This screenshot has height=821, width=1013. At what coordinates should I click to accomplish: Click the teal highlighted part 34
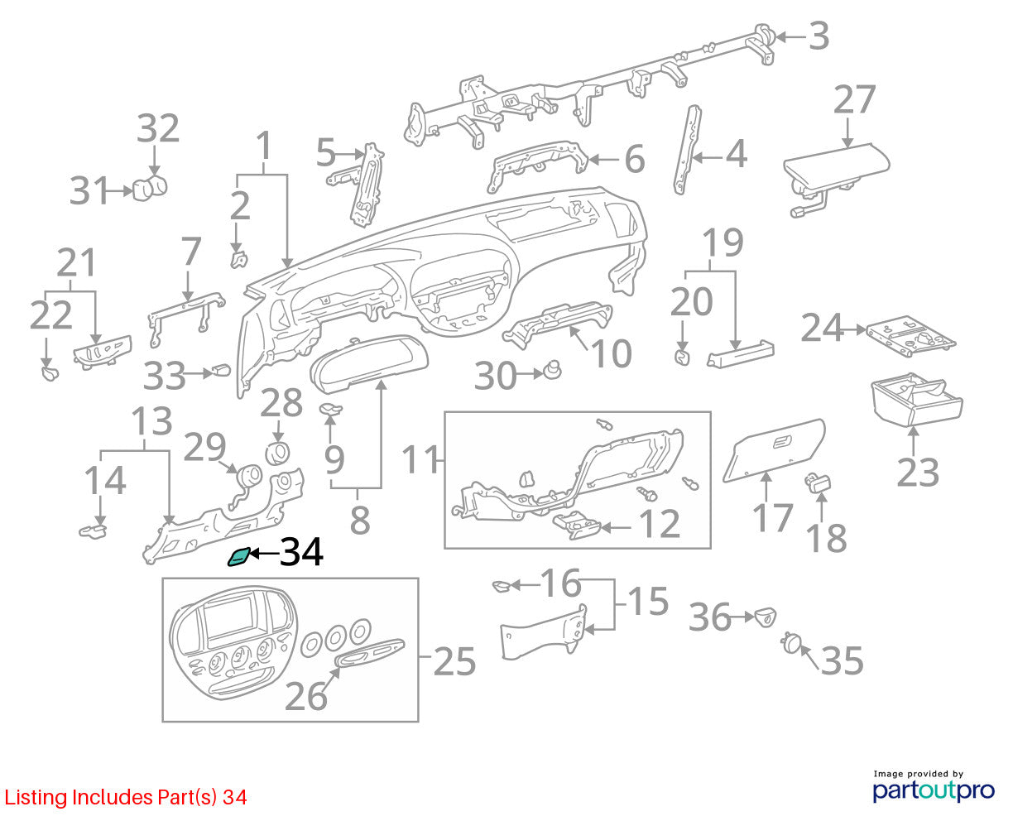[x=238, y=556]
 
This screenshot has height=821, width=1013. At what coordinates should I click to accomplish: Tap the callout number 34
[x=301, y=552]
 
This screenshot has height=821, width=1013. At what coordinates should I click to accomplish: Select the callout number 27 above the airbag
[x=855, y=99]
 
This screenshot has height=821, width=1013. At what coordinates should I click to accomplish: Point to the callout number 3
[x=819, y=36]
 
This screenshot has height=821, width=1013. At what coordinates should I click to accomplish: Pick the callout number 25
[x=454, y=661]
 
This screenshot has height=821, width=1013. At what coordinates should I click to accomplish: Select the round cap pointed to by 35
[x=790, y=643]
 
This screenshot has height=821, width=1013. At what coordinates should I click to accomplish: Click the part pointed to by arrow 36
[x=766, y=617]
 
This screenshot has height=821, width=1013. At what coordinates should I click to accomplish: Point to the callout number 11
[x=420, y=459]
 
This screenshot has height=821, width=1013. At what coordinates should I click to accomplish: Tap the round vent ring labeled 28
[x=278, y=453]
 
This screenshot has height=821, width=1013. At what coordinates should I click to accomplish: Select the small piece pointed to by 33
[x=222, y=370]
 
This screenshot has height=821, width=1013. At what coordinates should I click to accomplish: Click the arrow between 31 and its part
[x=120, y=191]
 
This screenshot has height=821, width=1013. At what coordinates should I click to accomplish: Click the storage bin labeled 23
[x=916, y=400]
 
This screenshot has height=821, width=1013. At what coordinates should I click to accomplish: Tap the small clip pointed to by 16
[x=502, y=587]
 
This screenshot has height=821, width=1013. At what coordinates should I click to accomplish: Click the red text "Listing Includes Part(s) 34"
[x=126, y=798]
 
